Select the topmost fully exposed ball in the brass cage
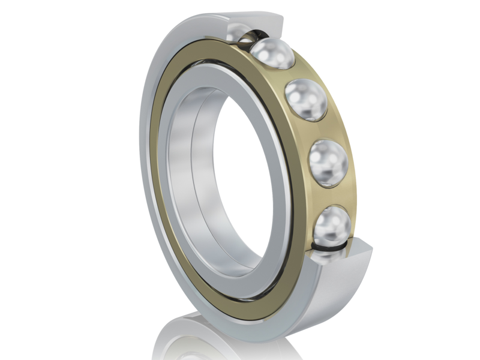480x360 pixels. coord(274,55)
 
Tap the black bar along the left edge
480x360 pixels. coord(30,180)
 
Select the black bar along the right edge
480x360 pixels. coord(450,180)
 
